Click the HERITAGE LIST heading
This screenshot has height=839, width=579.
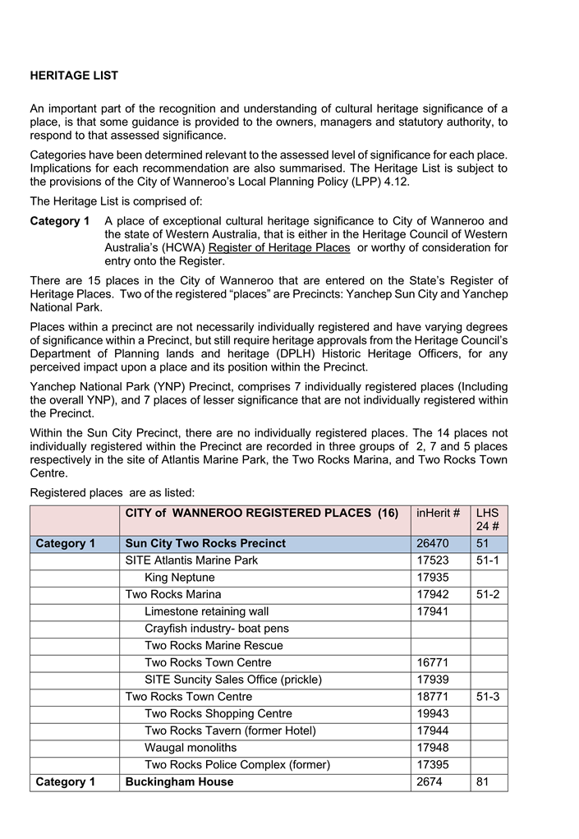(74, 76)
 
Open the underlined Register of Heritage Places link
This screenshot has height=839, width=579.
(279, 247)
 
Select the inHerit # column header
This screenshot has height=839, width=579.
(438, 514)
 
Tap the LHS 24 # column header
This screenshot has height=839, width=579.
(488, 520)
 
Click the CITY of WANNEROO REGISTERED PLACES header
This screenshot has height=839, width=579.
(261, 514)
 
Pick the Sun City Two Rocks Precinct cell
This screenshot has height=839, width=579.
(205, 544)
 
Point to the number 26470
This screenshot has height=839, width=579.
(433, 544)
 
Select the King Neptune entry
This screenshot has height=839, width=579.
(179, 578)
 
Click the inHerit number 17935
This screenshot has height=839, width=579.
(433, 578)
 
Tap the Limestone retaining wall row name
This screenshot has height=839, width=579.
(206, 611)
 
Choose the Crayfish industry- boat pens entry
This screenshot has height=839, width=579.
(216, 629)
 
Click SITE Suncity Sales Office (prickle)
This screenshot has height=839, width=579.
(233, 680)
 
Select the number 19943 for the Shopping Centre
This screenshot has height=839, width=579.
(433, 714)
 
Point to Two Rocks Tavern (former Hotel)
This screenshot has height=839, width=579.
(230, 731)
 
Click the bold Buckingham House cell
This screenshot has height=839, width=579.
(179, 782)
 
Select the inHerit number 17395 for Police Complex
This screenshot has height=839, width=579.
(433, 765)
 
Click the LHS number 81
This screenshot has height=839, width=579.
(482, 782)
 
